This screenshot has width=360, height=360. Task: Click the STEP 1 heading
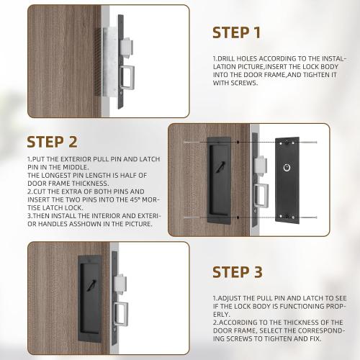coord(236,32)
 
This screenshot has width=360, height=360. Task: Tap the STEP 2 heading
coord(52,142)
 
